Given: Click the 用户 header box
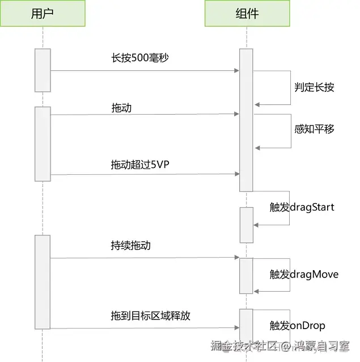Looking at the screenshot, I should tap(43, 14).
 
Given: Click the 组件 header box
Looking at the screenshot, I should tap(246, 14).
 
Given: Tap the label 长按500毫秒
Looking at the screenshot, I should tap(139, 58).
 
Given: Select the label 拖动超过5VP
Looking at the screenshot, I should tap(139, 164).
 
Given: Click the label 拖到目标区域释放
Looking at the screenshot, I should tap(150, 315).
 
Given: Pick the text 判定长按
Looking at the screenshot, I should tap(314, 87).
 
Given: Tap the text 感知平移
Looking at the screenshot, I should tap(314, 129).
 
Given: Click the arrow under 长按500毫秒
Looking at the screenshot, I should tap(145, 71).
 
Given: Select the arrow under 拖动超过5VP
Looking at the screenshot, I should tap(145, 174).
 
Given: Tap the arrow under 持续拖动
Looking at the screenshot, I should tap(145, 258).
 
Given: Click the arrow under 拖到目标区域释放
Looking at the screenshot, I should tap(145, 327).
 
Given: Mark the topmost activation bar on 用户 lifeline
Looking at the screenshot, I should tap(43, 70).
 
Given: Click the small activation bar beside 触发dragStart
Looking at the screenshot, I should tap(246, 225).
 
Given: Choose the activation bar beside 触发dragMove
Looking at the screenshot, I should tap(246, 276).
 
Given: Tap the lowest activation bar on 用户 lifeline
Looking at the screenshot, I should tap(43, 281).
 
